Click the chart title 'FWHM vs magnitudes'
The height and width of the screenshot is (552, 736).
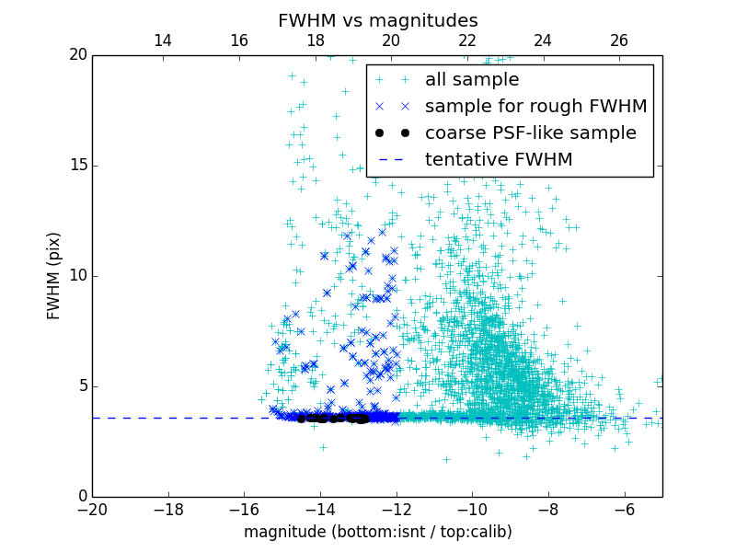[377, 20]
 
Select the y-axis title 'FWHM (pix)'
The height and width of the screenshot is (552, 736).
[54, 275]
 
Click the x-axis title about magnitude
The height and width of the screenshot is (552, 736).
[377, 532]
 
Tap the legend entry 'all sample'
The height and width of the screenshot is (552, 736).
[471, 80]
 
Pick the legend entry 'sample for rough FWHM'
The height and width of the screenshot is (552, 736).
[535, 107]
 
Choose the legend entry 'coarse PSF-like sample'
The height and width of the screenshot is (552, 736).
[530, 133]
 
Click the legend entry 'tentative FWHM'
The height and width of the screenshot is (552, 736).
[498, 160]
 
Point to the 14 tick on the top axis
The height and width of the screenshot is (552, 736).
[163, 40]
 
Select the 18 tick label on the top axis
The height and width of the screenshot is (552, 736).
[315, 40]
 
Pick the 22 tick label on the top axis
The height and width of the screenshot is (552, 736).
[467, 40]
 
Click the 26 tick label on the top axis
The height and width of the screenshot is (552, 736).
[619, 40]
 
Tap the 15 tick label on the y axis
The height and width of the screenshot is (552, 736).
[75, 166]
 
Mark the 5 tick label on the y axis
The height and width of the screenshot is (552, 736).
[80, 386]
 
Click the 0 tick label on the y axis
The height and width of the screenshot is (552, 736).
[80, 497]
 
